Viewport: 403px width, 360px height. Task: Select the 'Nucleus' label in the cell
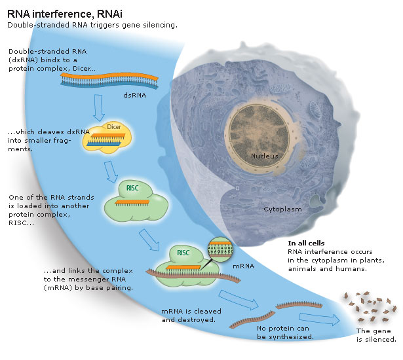click(x=264, y=156)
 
